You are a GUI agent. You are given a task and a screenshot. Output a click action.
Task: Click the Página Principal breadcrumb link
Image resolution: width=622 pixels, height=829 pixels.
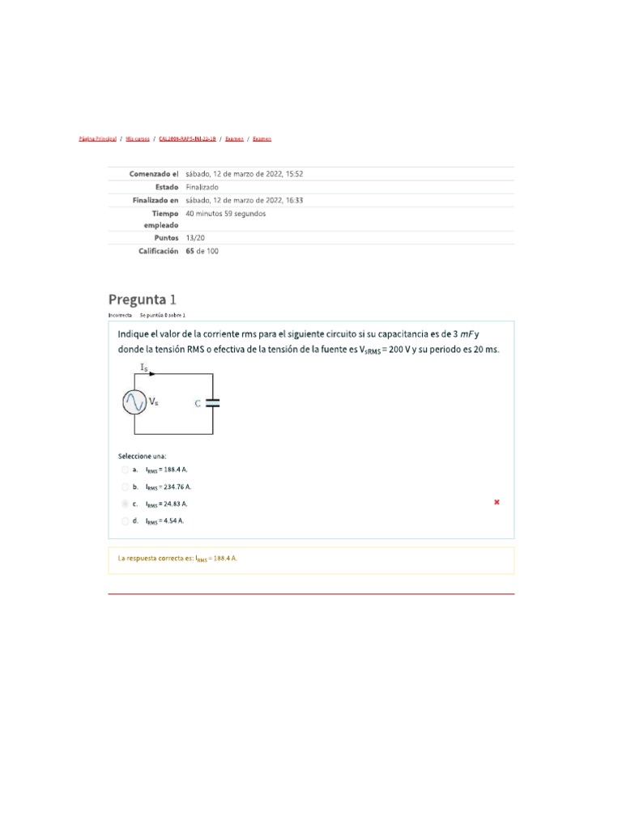tap(98, 139)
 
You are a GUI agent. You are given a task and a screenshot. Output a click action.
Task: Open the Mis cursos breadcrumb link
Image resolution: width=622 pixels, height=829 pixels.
tap(138, 139)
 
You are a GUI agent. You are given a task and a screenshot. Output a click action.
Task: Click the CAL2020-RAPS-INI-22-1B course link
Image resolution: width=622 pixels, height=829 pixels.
tap(187, 139)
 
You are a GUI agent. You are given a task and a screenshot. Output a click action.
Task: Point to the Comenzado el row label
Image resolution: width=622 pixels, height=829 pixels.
tap(154, 174)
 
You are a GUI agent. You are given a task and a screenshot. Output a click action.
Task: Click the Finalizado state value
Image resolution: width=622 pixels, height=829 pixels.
tap(202, 187)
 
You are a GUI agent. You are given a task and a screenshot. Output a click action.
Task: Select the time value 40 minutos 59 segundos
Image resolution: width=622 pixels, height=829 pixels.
tap(225, 214)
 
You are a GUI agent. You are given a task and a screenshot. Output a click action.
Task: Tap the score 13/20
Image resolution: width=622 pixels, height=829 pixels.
tap(195, 238)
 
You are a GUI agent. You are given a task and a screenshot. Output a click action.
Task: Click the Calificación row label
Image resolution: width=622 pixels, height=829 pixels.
tap(158, 251)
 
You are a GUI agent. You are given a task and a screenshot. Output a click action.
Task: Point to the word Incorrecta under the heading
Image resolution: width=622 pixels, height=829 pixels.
tap(120, 314)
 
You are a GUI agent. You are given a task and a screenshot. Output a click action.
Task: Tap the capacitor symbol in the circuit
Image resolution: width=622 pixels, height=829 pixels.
tap(212, 402)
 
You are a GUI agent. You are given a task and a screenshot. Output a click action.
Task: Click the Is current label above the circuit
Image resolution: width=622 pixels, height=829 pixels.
tap(144, 368)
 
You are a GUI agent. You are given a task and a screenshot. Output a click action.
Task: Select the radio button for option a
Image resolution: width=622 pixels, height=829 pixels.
tap(125, 470)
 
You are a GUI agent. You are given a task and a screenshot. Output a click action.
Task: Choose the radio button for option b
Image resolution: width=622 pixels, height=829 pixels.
tap(125, 487)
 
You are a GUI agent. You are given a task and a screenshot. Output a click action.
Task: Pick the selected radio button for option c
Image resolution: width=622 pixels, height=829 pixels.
tap(125, 504)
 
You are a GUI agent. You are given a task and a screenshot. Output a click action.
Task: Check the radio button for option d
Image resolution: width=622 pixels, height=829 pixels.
tap(125, 521)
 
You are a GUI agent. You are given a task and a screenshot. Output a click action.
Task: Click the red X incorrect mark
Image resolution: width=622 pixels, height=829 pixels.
tap(496, 503)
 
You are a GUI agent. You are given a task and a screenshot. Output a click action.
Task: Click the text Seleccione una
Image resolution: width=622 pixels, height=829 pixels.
tap(142, 456)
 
